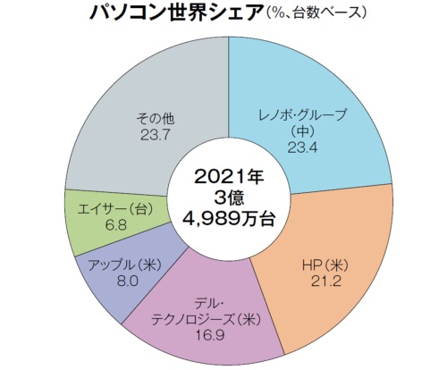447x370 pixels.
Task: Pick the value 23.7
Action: tap(155, 137)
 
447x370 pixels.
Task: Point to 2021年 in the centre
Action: tap(228, 173)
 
